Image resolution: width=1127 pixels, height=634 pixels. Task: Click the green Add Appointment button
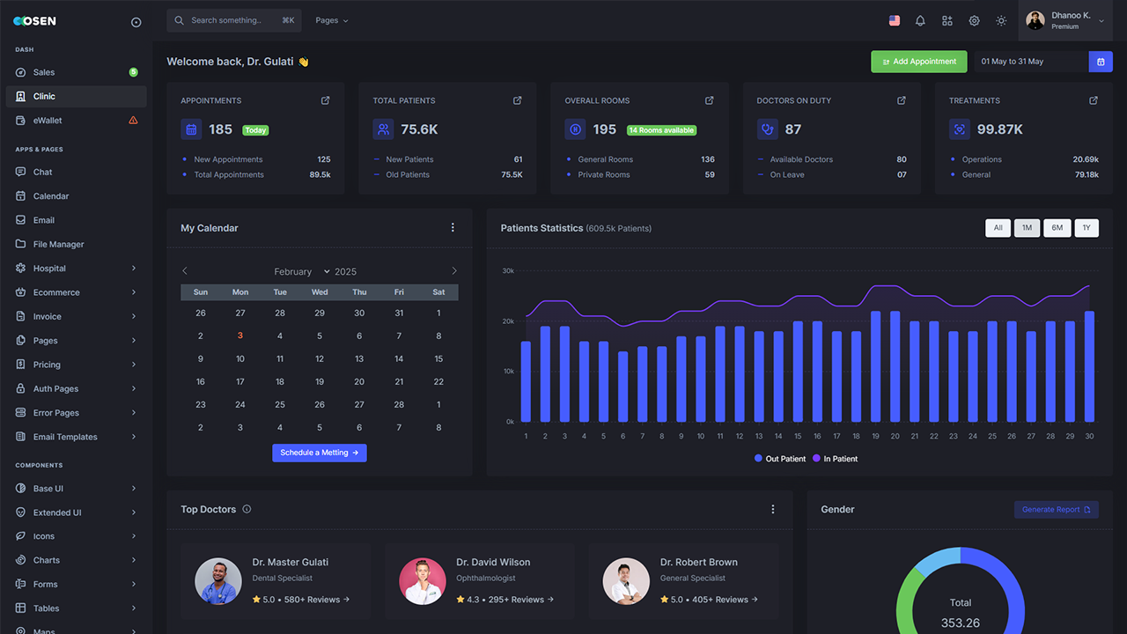click(918, 62)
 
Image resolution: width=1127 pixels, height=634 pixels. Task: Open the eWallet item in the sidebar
click(48, 121)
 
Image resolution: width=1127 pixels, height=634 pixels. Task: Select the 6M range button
click(1057, 228)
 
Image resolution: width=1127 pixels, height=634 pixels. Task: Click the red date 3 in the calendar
click(240, 335)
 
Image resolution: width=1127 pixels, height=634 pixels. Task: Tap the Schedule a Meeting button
click(319, 453)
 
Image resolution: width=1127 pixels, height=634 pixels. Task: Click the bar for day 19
click(875, 366)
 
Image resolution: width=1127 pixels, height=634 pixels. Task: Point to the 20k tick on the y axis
click(508, 321)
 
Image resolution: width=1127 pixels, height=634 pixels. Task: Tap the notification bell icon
click(920, 20)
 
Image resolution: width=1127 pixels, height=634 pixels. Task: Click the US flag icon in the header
click(894, 20)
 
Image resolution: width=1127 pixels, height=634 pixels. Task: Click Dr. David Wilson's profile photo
click(422, 581)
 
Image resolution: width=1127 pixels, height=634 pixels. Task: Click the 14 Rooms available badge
click(661, 130)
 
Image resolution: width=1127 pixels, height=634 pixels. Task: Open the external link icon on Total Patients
click(517, 100)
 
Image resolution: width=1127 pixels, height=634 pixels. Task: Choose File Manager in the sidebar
click(58, 244)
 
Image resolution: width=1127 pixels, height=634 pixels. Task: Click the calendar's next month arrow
click(454, 271)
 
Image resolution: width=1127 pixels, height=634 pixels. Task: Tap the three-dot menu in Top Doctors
click(773, 509)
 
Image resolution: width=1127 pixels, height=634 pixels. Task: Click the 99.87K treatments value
click(999, 129)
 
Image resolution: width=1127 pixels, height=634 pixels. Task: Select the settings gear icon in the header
click(974, 20)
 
